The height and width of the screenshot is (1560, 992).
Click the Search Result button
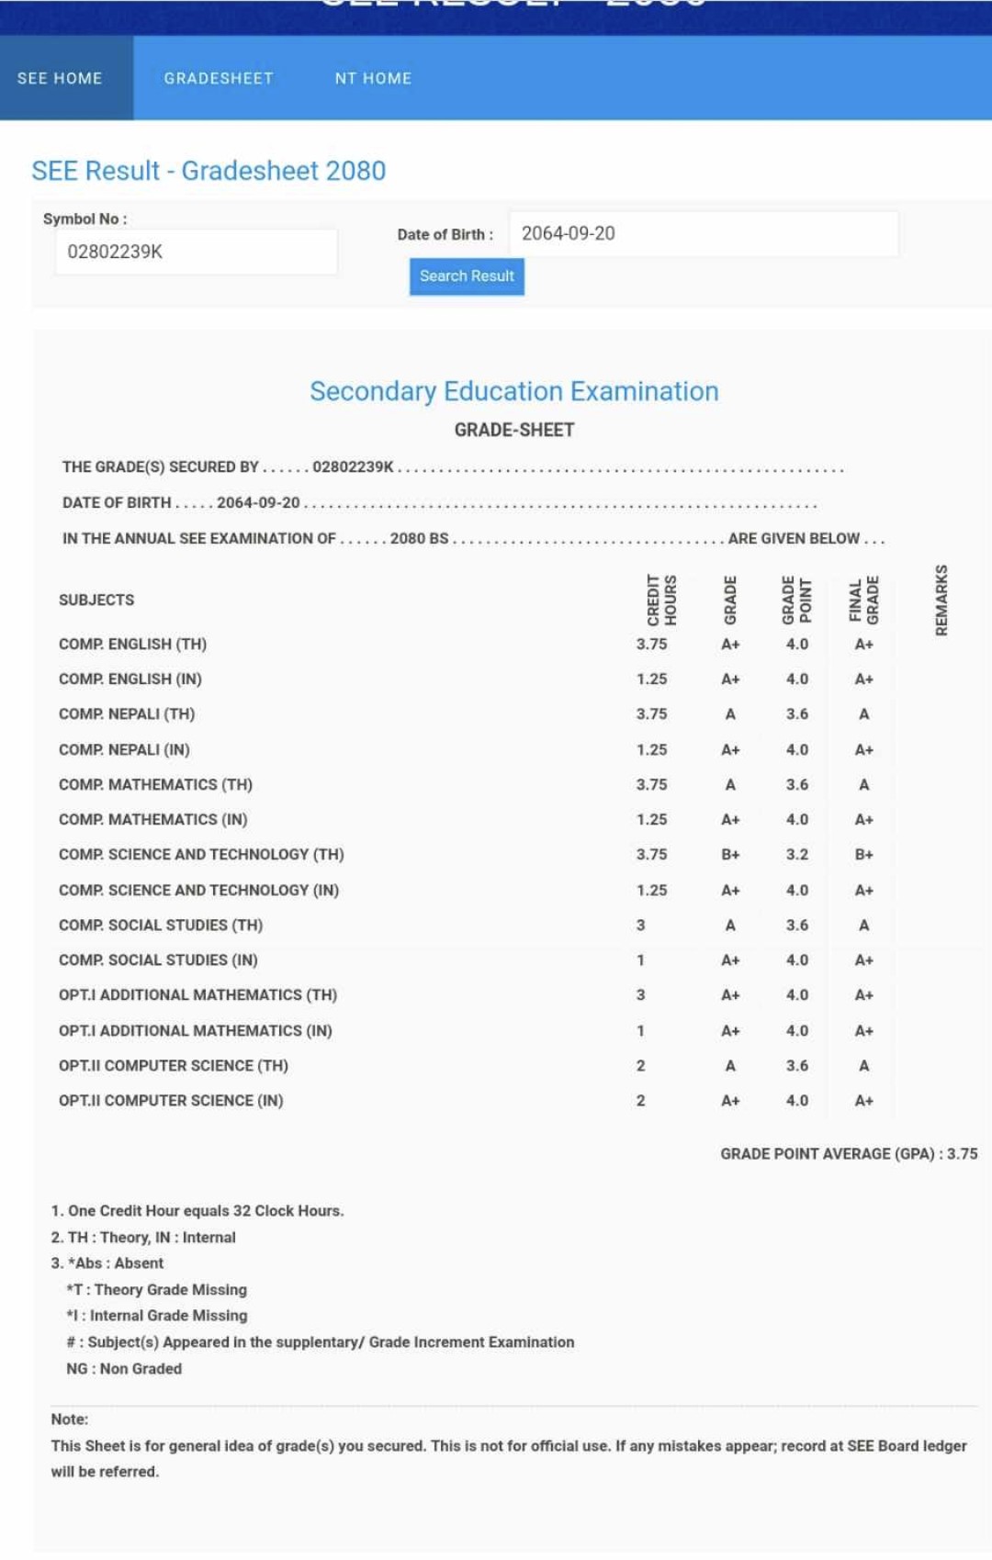coord(467,276)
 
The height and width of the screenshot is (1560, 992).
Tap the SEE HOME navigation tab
coord(60,79)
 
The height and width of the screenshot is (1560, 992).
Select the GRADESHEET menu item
coord(219,79)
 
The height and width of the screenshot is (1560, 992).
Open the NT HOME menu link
coord(373,79)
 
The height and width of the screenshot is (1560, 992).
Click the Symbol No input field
coord(196,252)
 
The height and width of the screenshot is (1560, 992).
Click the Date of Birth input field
coord(703,234)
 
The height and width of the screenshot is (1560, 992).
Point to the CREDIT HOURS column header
coord(661,600)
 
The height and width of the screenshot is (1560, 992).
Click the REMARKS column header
coord(941,600)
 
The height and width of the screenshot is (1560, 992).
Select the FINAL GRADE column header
coord(863,600)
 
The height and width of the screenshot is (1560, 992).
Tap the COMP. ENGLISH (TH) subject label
coord(133,645)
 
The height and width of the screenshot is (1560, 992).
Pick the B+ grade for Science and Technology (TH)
coord(730,855)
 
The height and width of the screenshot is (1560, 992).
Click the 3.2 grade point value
coord(797,855)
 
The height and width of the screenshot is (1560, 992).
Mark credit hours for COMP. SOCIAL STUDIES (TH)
coord(641,926)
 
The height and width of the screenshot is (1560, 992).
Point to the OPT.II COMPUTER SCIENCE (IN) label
coord(171,1101)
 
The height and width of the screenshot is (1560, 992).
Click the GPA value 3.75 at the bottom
coord(962,1154)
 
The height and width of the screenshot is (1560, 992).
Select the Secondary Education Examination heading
coord(513,391)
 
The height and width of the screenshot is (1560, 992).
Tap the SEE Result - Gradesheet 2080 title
coord(209,171)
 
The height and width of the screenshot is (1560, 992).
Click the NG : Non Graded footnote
coord(124,1369)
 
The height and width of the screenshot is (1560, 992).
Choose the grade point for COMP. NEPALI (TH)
coord(797,714)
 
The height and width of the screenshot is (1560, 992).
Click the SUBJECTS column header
coord(96,600)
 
